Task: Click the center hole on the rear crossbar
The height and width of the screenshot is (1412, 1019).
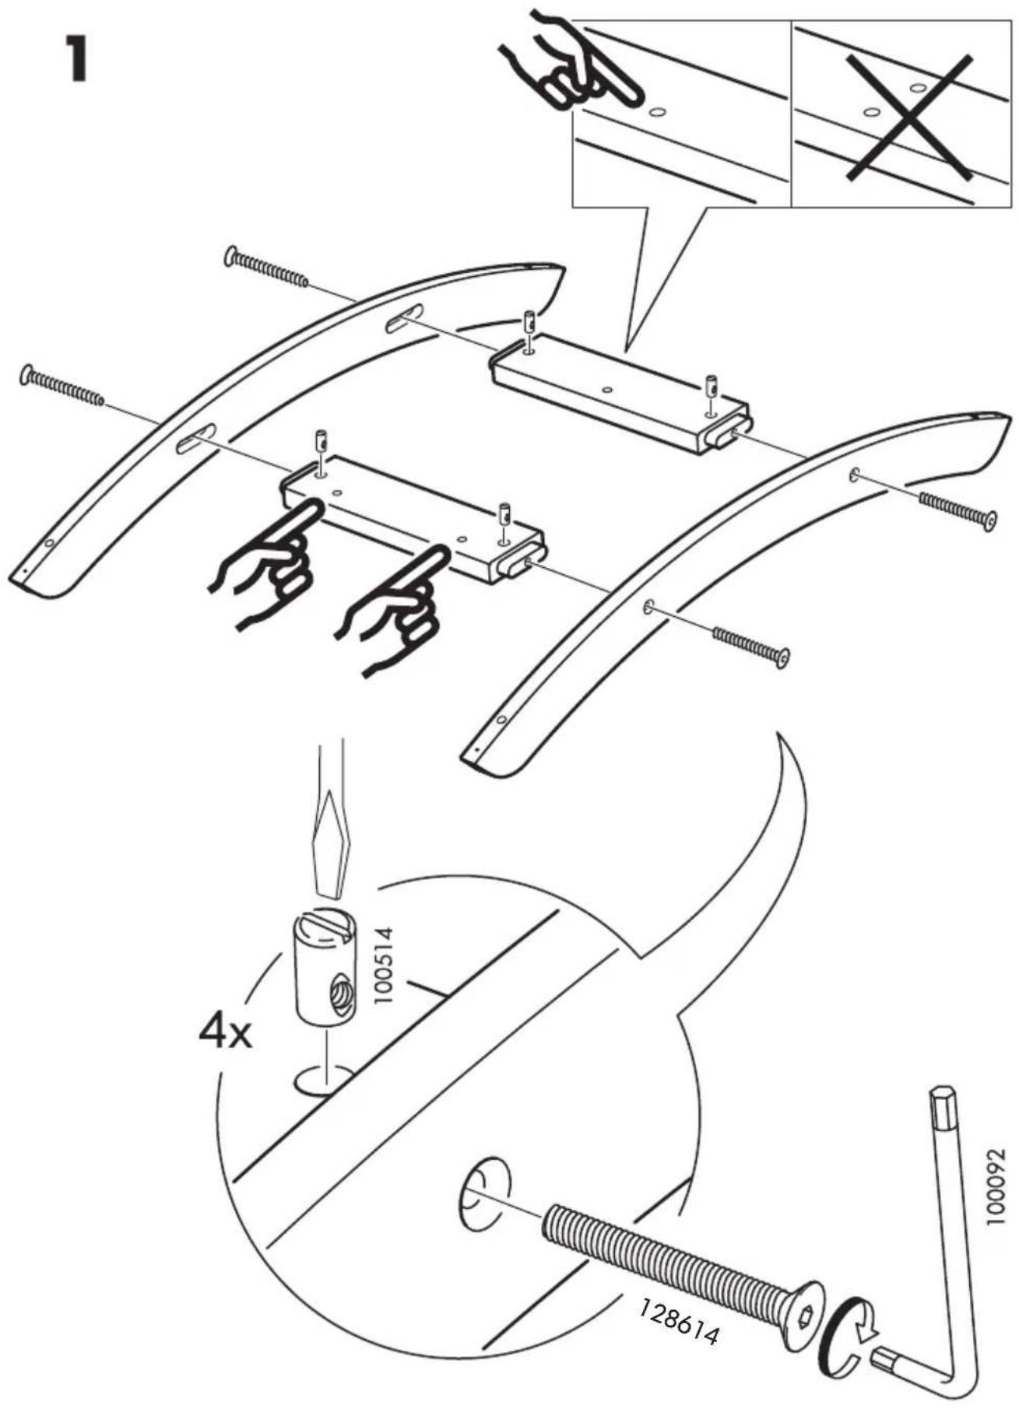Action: point(607,387)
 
